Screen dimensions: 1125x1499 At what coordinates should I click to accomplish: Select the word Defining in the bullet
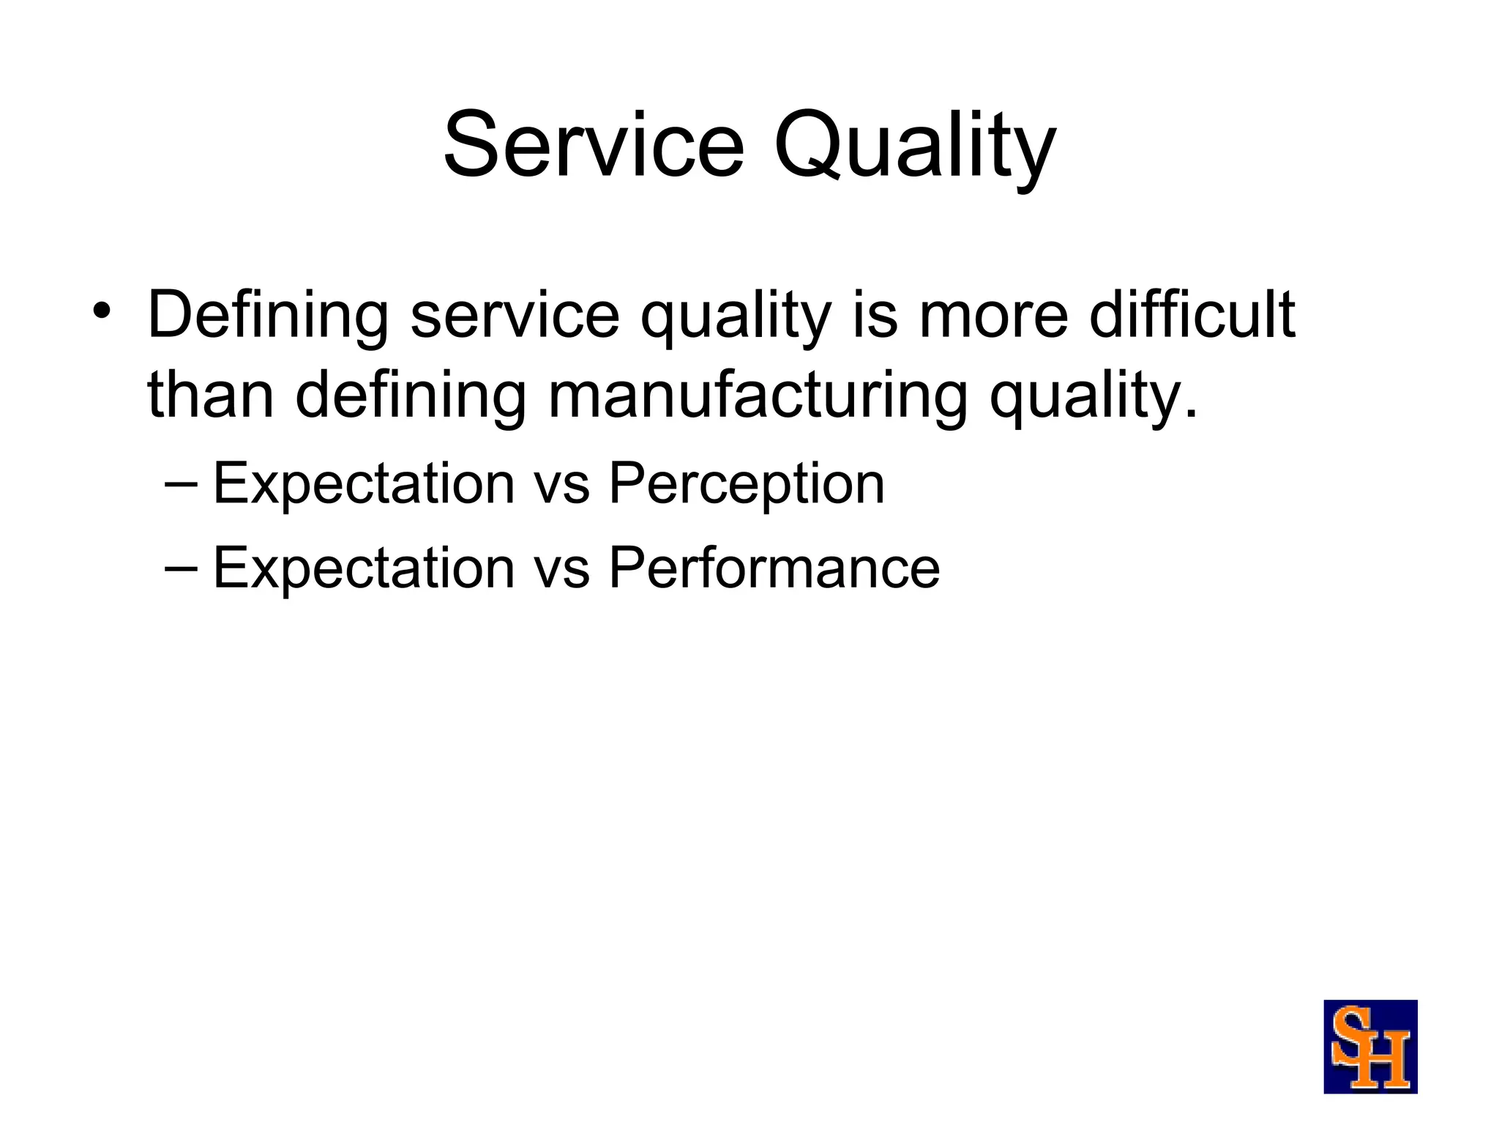[x=267, y=316]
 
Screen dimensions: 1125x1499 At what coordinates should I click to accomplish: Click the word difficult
[x=1192, y=316]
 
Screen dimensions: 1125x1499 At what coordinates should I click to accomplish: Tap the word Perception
[x=747, y=484]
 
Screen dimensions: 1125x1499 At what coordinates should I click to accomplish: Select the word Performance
[x=774, y=568]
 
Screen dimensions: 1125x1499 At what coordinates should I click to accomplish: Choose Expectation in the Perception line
[x=364, y=484]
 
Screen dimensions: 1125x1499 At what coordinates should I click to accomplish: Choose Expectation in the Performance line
[x=364, y=568]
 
